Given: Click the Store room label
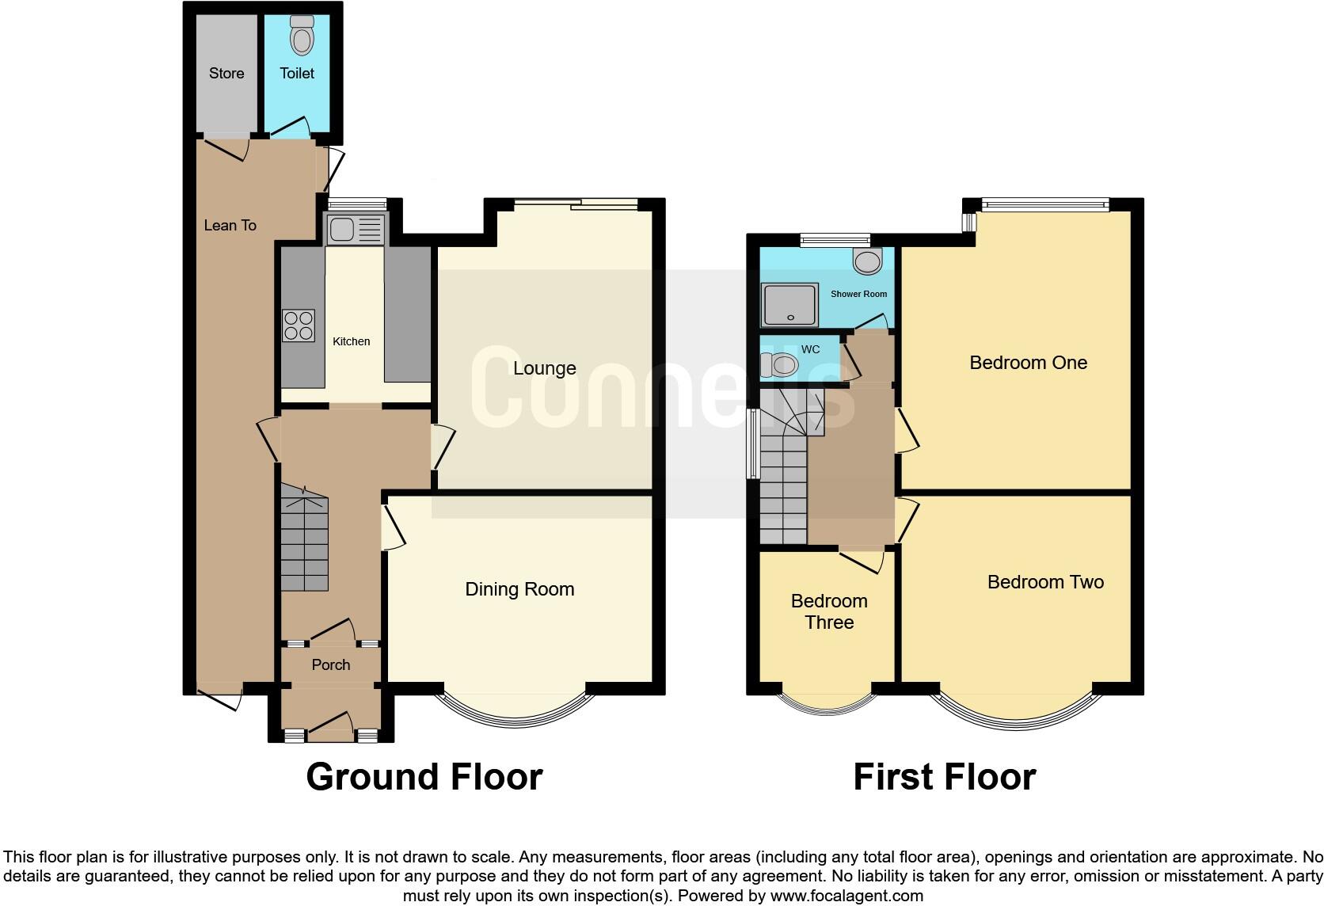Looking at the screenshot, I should (x=226, y=74).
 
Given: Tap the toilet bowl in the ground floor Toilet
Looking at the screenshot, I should (x=302, y=36).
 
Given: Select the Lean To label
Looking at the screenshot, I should (x=230, y=226).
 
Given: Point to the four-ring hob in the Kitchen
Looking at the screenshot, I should (x=299, y=325).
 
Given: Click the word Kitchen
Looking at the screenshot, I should (x=351, y=341).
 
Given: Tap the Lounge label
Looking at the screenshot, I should (x=544, y=368).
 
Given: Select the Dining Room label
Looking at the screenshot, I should (x=519, y=589).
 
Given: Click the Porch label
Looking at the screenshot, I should (x=331, y=665).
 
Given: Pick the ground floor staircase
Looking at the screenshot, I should (x=304, y=542).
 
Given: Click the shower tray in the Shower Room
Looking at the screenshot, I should (x=789, y=305).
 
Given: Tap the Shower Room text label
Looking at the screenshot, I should (x=858, y=294).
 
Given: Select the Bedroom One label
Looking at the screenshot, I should (x=1028, y=363).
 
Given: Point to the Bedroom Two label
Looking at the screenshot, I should (x=1045, y=582).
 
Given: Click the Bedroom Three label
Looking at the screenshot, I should (x=829, y=611).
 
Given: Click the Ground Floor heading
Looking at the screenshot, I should (x=424, y=777).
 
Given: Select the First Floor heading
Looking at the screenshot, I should (x=944, y=777).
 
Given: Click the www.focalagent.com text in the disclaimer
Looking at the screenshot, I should (x=846, y=896).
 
